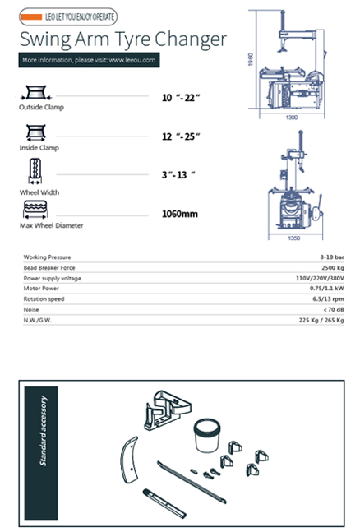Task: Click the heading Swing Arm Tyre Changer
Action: click(122, 39)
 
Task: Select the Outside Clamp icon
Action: click(34, 93)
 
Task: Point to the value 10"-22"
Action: click(180, 99)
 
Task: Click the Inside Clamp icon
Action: click(34, 132)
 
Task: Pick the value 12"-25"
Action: click(181, 136)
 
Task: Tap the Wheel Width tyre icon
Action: click(34, 172)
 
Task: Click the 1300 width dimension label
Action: click(292, 118)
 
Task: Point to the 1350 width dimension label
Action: click(292, 238)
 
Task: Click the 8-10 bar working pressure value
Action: click(330, 257)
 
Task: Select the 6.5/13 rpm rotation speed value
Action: click(326, 300)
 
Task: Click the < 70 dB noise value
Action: click(331, 311)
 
